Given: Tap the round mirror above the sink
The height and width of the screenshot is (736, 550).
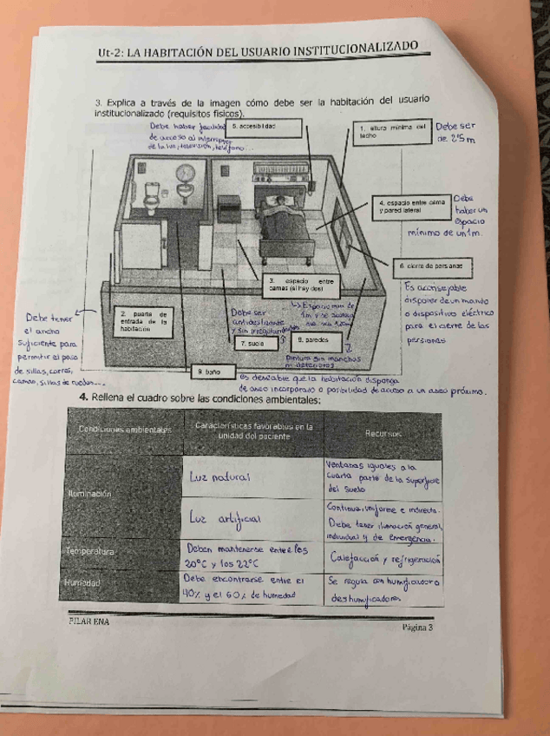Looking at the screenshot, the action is (x=184, y=172).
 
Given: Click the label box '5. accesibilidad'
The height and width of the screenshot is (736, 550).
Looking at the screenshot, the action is (x=260, y=128).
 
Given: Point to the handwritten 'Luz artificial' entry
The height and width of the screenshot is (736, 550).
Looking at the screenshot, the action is (x=221, y=519).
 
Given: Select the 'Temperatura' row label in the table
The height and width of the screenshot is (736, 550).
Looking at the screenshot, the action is (x=84, y=551).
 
